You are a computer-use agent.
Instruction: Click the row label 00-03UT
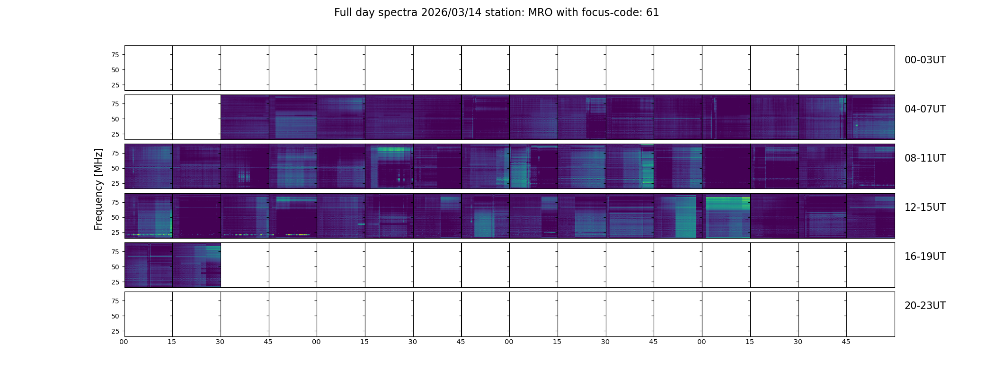[x=925, y=60]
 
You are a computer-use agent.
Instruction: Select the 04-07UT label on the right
[x=925, y=109]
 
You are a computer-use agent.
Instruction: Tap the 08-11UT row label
[x=925, y=158]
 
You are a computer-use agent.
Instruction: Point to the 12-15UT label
[x=925, y=207]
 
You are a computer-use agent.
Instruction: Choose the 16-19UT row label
[x=925, y=257]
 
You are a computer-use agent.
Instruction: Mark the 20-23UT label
[x=925, y=306]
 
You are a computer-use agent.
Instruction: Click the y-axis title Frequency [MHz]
[x=98, y=189]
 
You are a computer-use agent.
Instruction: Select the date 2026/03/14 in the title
[x=451, y=13]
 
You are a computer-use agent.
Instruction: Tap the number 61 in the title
[x=653, y=13]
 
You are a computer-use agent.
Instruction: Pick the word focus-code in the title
[x=614, y=13]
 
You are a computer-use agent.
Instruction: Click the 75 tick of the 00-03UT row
[x=115, y=55]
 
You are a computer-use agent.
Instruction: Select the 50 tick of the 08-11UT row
[x=115, y=168]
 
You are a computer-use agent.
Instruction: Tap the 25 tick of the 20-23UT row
[x=115, y=331]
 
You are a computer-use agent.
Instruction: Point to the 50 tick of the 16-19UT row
[x=115, y=267]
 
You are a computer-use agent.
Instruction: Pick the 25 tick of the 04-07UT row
[x=115, y=134]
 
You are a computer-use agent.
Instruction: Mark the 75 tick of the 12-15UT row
[x=115, y=202]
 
